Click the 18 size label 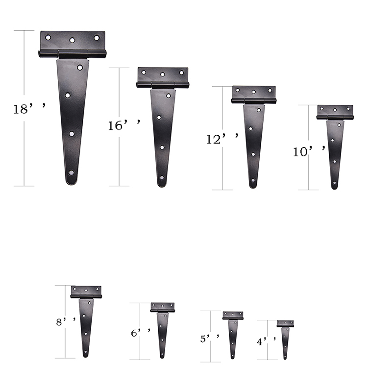tap(29, 108)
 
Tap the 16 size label tap(124, 124)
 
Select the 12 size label tap(222, 138)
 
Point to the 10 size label tap(309, 151)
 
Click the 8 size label tap(66, 321)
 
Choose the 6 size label tap(141, 332)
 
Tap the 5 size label tap(210, 338)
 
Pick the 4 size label tap(267, 341)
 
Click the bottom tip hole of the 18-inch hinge tap(71, 173)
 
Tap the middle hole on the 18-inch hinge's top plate tap(73, 40)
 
